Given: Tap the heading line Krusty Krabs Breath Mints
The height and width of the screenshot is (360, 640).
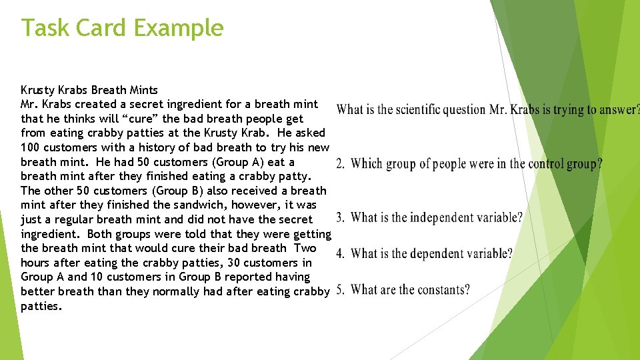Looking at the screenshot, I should (x=89, y=89).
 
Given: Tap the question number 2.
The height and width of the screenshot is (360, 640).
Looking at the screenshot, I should (x=340, y=163).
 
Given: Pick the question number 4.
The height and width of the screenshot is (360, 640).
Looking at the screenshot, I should (x=340, y=253).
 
